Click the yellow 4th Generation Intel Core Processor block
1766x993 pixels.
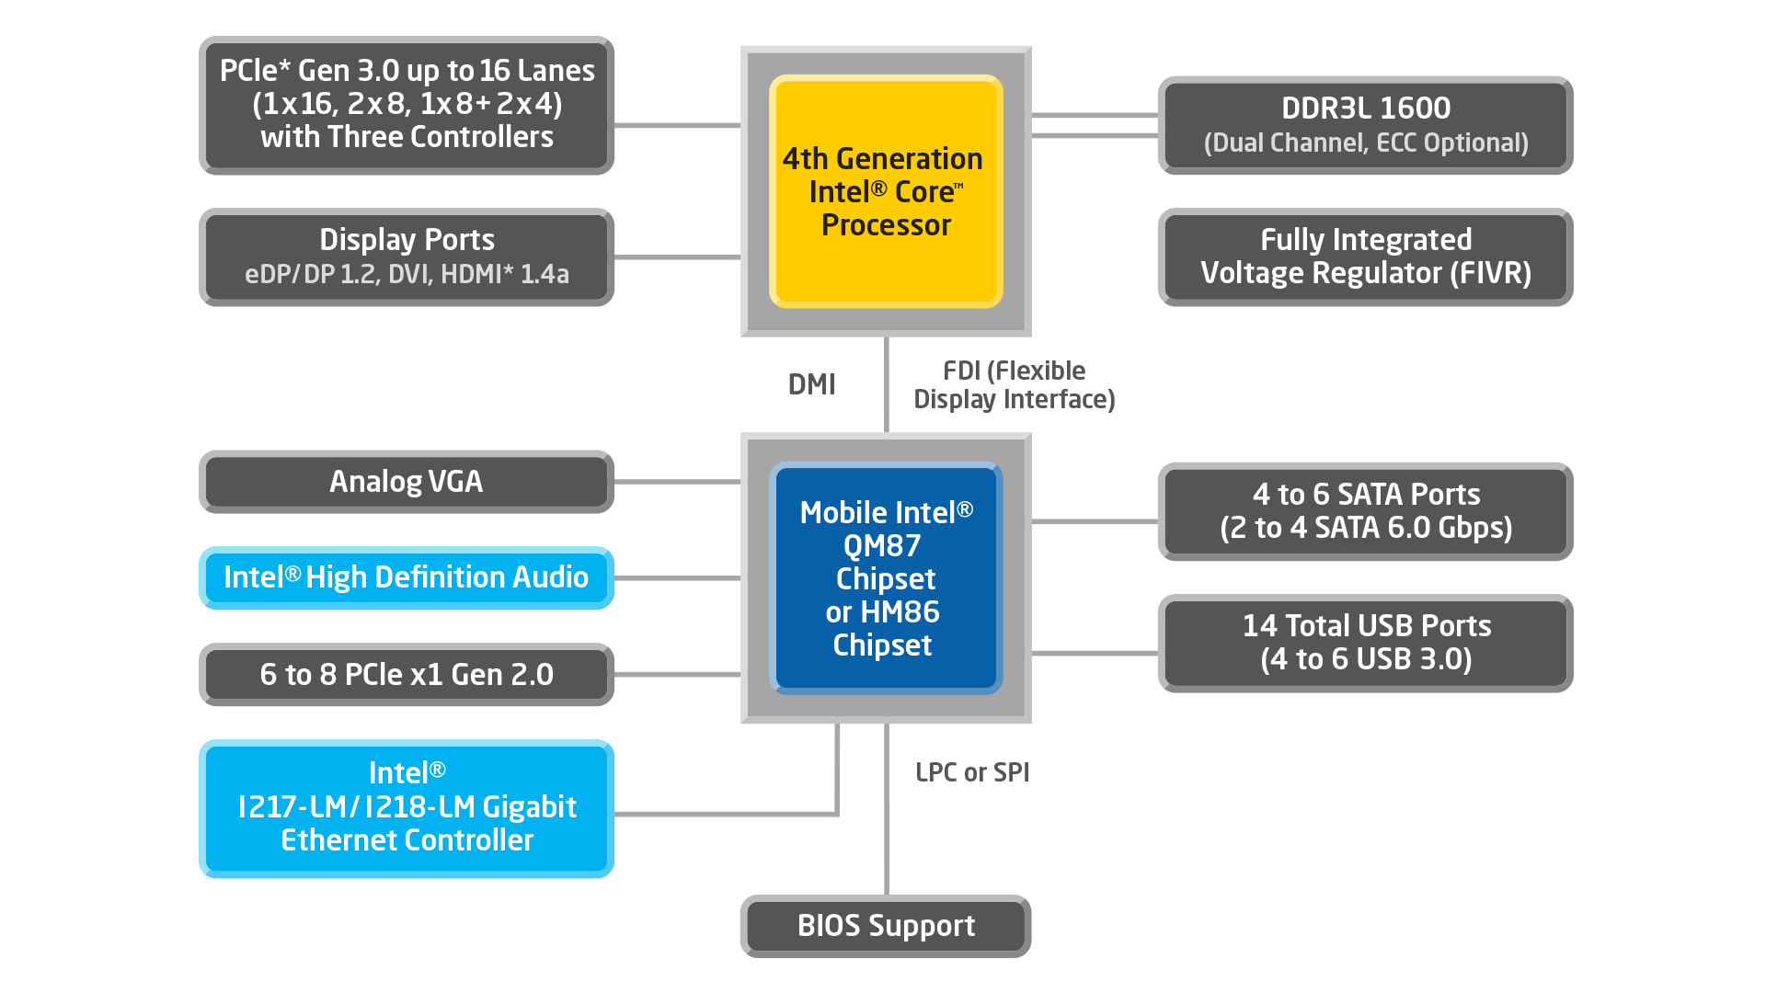click(885, 191)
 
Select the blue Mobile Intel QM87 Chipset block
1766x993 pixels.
click(885, 577)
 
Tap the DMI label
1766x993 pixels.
click(811, 384)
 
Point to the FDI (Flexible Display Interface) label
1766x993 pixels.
click(1014, 385)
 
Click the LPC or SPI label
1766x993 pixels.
click(971, 772)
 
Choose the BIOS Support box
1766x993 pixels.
click(885, 925)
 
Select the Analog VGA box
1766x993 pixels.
click(406, 482)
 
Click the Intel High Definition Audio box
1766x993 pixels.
click(406, 577)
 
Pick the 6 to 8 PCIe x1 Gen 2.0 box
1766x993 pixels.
click(406, 674)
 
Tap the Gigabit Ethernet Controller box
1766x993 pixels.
click(406, 807)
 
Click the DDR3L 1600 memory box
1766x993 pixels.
click(1365, 125)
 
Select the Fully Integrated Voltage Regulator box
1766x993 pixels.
click(1365, 257)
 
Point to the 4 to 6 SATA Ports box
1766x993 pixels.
click(1365, 511)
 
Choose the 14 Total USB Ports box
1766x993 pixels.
click(1365, 643)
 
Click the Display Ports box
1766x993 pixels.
click(406, 257)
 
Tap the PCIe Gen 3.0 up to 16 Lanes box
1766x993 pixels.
click(406, 104)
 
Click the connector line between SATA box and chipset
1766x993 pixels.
click(1095, 521)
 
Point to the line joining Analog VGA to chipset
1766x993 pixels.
click(677, 482)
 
